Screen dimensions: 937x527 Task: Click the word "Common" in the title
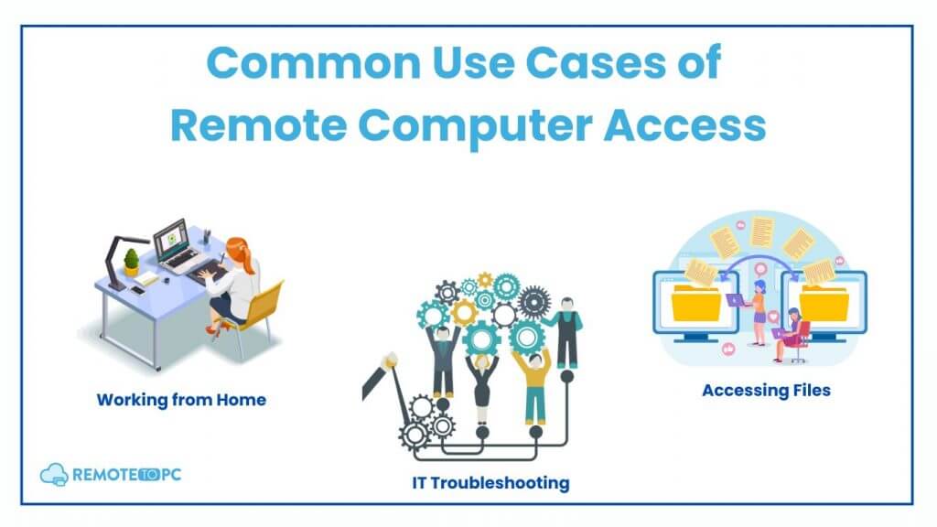pos(313,63)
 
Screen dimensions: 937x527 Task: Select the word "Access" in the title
pos(684,125)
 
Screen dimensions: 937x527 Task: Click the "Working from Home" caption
pos(181,400)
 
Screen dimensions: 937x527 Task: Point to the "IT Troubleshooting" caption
pos(490,483)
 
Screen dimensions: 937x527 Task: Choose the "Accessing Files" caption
pos(766,390)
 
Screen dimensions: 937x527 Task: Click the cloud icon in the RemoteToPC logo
pos(54,475)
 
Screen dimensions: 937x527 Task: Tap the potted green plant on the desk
pos(132,263)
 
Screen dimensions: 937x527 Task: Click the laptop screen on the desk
pos(171,238)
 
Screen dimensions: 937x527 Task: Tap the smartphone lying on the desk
pos(138,291)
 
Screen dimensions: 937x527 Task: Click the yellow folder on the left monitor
pos(696,303)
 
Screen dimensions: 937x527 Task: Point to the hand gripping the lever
pos(390,360)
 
